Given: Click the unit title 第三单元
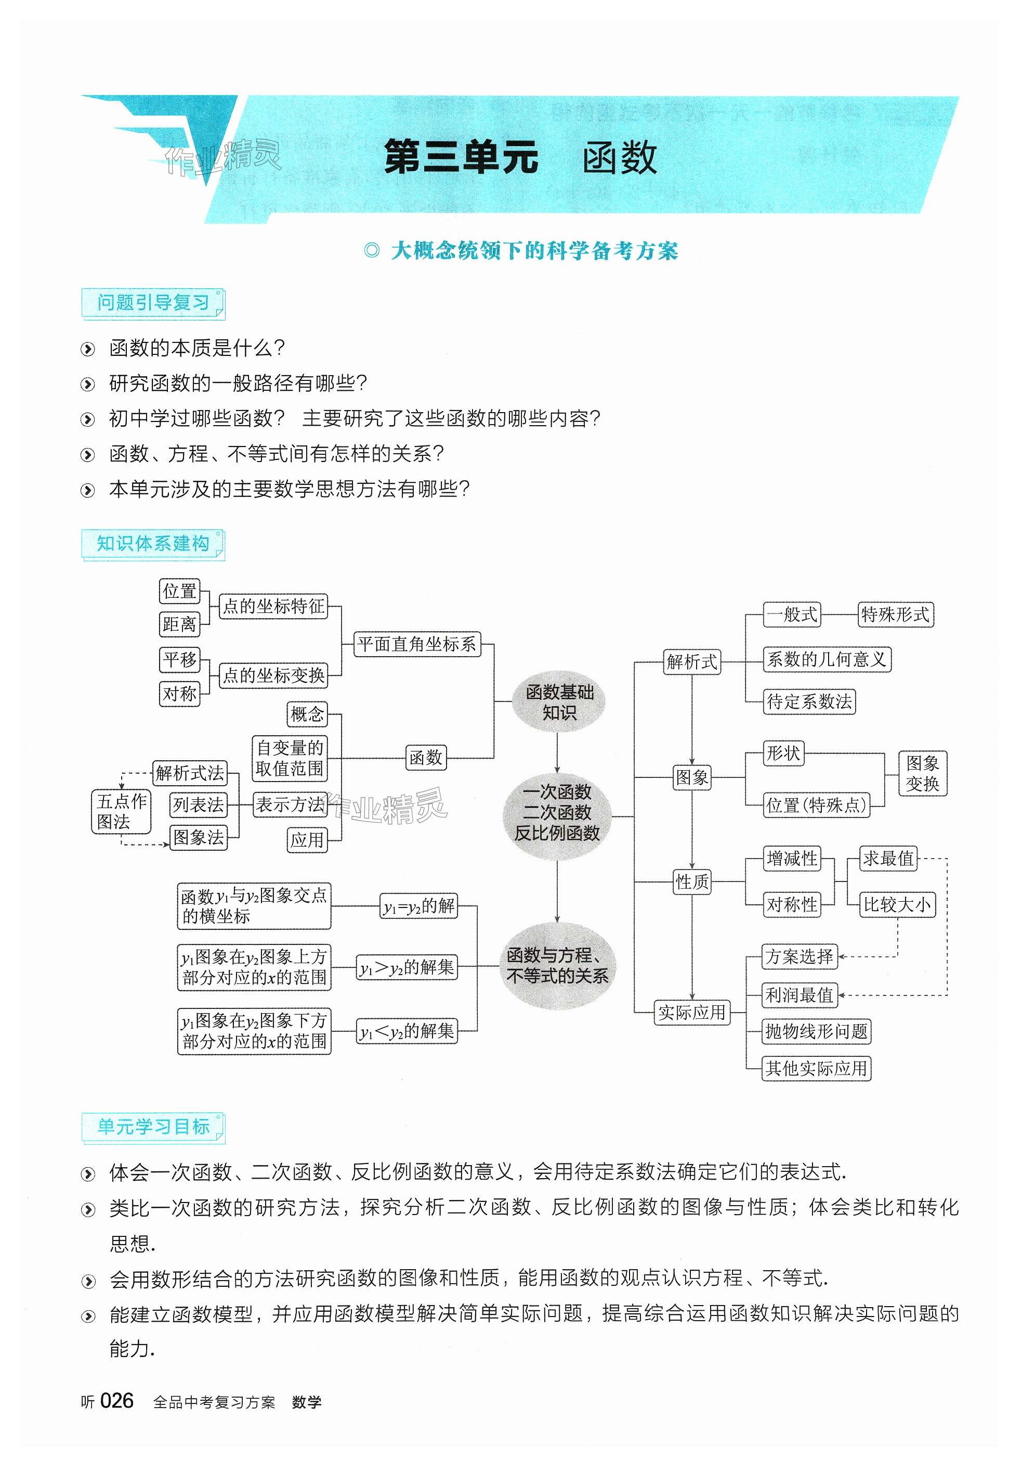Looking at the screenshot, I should tap(461, 157).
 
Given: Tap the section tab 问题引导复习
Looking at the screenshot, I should tap(152, 303).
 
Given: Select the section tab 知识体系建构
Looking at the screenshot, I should tap(152, 543).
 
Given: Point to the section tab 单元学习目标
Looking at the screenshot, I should tap(152, 1127).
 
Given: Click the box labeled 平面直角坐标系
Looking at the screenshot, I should tap(416, 644).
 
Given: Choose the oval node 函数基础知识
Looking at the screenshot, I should tap(559, 702).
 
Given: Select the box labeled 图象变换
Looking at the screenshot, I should tap(922, 773).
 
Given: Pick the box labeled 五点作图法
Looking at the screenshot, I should tap(122, 812).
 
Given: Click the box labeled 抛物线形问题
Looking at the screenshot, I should tap(816, 1032).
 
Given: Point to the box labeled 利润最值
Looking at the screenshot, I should tap(799, 995).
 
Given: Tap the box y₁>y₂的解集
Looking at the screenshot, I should tap(407, 967).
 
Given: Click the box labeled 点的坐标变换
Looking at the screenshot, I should tap(273, 675).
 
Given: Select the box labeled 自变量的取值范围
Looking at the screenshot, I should tap(290, 758).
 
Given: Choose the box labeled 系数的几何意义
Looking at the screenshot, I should tap(827, 659).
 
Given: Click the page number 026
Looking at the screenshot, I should tap(117, 1401).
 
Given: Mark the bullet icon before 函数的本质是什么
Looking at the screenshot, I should tap(88, 349).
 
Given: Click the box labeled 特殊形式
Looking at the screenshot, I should tap(895, 615).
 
